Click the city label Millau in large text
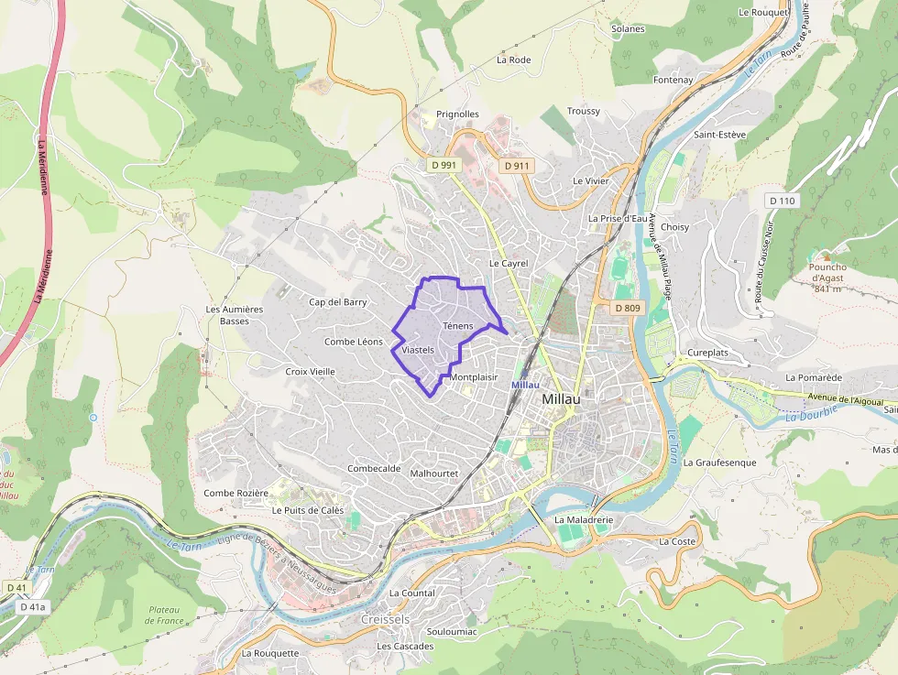pos(567,399)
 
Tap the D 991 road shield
pos(444,165)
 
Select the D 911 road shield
pos(517,166)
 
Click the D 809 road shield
pos(628,308)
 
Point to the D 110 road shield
pos(783,201)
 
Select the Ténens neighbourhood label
pos(457,326)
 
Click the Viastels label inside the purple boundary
pos(417,351)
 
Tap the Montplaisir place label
pos(474,377)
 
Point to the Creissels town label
pos(387,619)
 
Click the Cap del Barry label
pos(337,301)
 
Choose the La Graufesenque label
pos(720,463)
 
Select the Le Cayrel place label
pos(509,263)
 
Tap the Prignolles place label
pos(457,114)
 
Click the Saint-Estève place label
pos(719,135)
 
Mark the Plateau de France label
pos(164,615)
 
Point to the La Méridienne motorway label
pos(42,220)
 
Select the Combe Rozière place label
pos(235,493)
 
